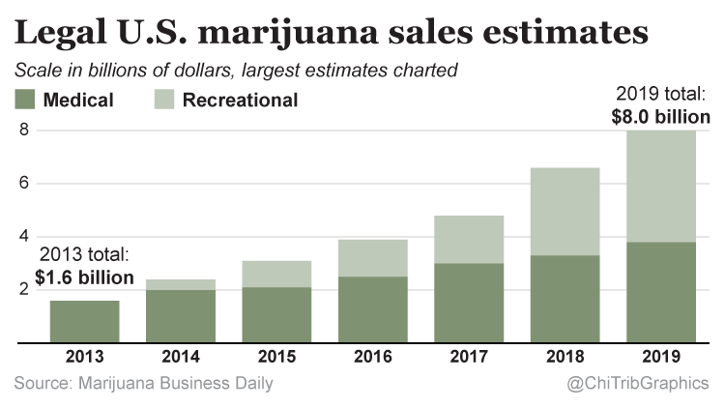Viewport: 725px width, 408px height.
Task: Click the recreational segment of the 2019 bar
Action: [x=660, y=187]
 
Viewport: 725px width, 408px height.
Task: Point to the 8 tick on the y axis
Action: [x=25, y=130]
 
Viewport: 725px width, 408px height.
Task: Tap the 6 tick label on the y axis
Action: [x=25, y=184]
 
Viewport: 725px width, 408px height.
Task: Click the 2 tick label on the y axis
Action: [x=25, y=290]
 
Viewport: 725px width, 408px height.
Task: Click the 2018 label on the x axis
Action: [x=566, y=358]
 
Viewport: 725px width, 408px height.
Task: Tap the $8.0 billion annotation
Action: [x=661, y=117]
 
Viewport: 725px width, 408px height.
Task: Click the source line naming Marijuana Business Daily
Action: [x=144, y=385]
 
